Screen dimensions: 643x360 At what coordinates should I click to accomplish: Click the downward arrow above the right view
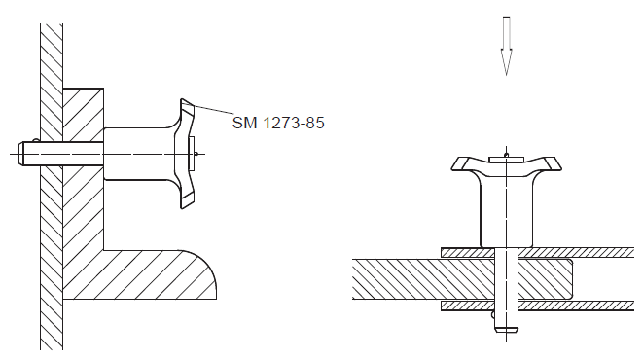click(507, 46)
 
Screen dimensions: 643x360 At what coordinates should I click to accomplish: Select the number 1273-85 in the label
click(294, 123)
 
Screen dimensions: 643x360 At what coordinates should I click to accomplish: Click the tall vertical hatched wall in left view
click(52, 187)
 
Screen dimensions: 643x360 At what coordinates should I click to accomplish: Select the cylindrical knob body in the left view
click(139, 154)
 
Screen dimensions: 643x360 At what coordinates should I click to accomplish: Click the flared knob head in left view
click(185, 154)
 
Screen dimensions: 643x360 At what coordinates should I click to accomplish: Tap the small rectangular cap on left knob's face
click(191, 154)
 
